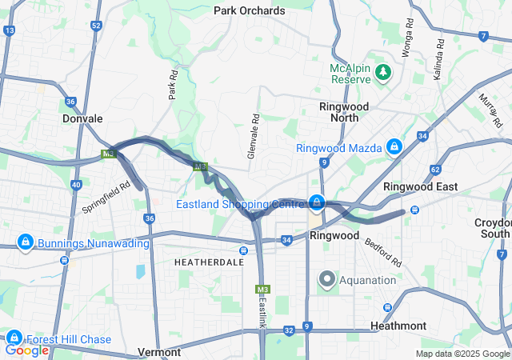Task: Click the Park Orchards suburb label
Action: point(250,10)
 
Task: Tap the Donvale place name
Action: point(82,118)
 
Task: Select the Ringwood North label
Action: point(343,112)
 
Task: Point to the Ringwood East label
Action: point(421,186)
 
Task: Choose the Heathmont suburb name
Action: point(398,326)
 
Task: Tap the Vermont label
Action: point(160,352)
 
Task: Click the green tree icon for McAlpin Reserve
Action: point(384,73)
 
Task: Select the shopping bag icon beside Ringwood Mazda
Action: point(394,147)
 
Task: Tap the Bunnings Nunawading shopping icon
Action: point(26,242)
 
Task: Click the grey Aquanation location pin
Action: point(327,279)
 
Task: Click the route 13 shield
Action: point(10,30)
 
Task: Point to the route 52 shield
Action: point(96,26)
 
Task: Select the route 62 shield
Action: point(435,170)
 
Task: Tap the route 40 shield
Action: point(76,185)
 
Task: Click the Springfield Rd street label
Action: point(106,195)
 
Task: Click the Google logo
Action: point(26,350)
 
